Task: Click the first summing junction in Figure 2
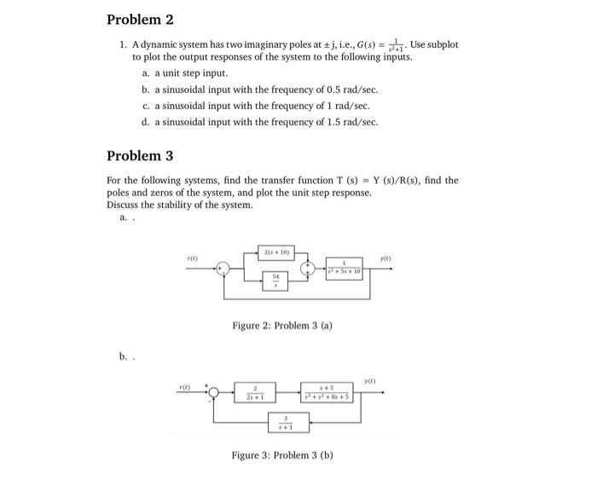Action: (x=224, y=269)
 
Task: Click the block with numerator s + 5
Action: (x=324, y=393)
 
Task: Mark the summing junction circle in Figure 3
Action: (x=215, y=393)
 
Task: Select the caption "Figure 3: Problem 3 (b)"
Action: (x=282, y=454)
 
